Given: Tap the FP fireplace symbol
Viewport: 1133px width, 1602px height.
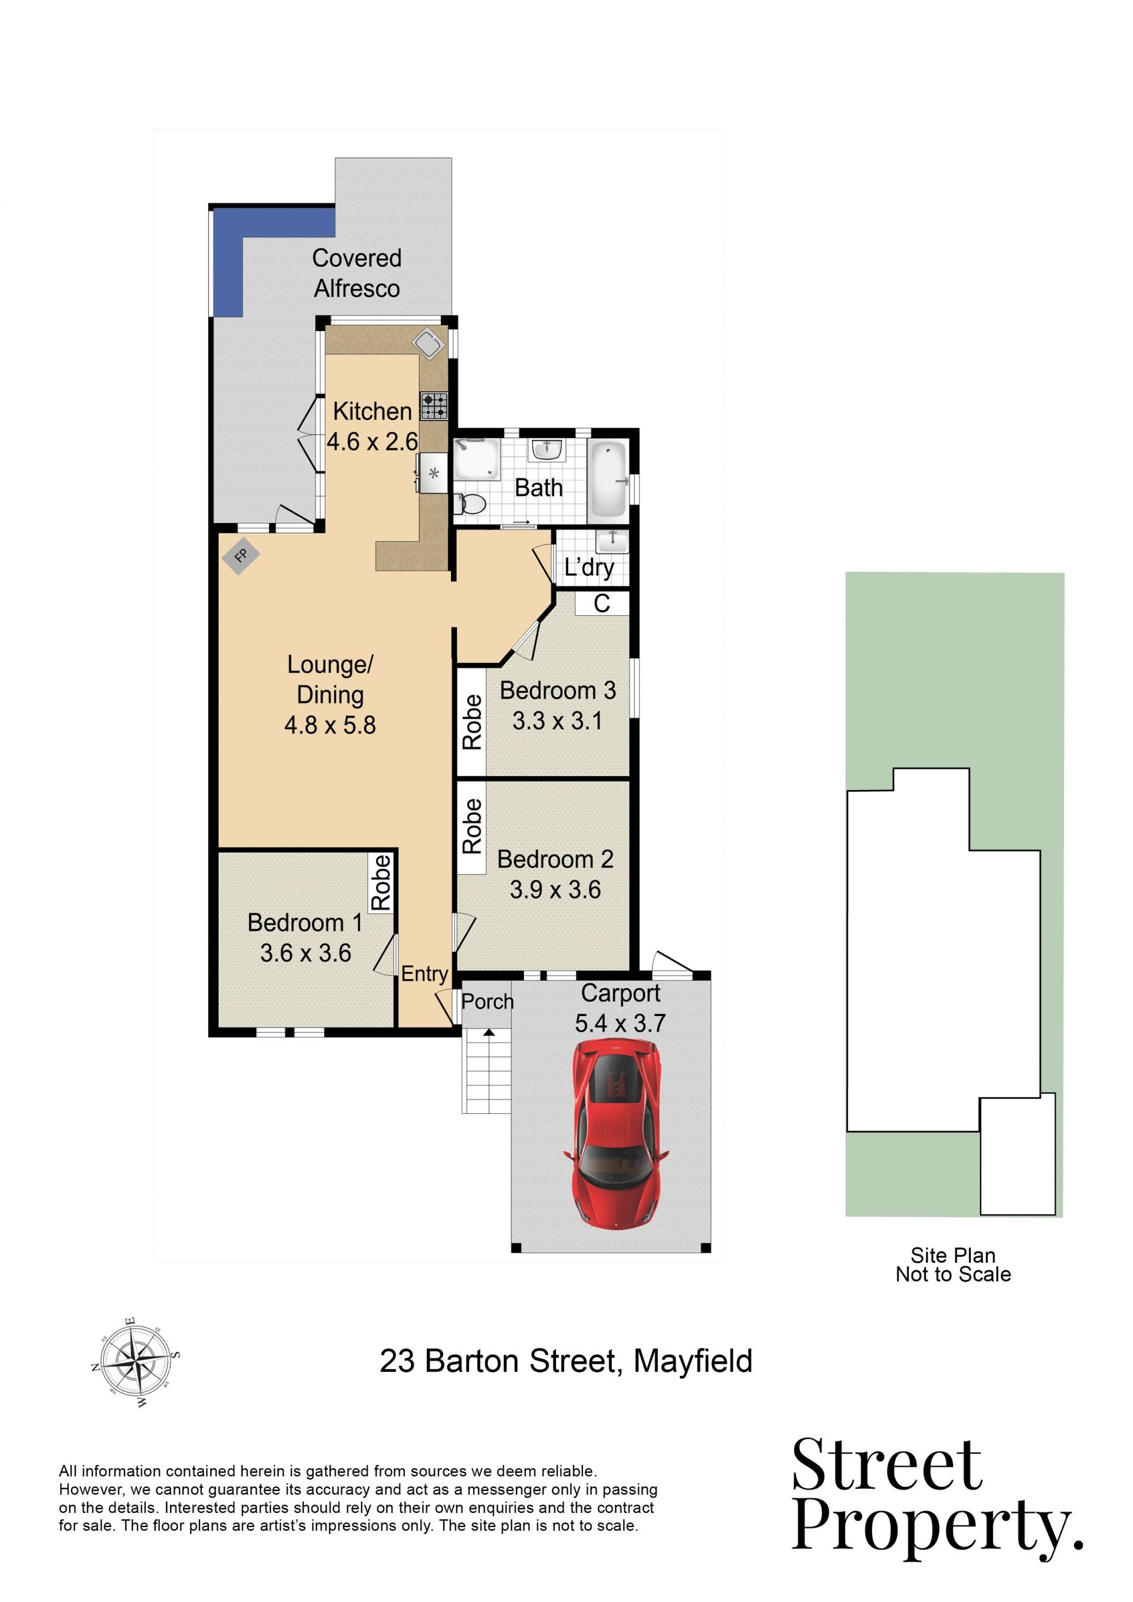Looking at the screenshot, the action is [x=241, y=556].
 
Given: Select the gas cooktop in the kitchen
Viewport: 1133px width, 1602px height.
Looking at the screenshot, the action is [x=433, y=406].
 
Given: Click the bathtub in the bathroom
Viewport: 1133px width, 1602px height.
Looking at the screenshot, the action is [x=608, y=479].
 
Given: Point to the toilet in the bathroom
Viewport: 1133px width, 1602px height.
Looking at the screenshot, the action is [x=471, y=504].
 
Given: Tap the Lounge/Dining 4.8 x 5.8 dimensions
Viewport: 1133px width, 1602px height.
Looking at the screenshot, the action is [x=330, y=725].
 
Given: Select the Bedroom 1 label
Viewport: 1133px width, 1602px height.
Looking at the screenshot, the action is [x=305, y=922].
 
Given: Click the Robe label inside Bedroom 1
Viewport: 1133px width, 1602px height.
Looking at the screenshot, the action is [x=381, y=883].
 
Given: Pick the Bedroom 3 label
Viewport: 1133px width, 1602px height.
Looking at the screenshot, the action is [x=558, y=690].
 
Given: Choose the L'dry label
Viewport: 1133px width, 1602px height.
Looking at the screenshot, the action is [x=590, y=568].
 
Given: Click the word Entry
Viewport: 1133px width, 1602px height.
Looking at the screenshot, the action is [x=424, y=974].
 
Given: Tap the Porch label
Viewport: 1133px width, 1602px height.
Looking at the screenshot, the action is [x=487, y=1001].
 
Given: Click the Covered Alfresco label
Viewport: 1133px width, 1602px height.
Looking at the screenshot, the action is [x=356, y=273].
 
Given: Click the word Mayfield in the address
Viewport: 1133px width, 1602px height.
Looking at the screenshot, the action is [x=693, y=1361].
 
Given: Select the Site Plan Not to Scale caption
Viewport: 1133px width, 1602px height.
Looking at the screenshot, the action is [x=953, y=1264].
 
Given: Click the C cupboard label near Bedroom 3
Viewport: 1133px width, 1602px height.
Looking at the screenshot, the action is [x=601, y=604].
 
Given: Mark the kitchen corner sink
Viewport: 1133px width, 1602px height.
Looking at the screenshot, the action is [x=428, y=343].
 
